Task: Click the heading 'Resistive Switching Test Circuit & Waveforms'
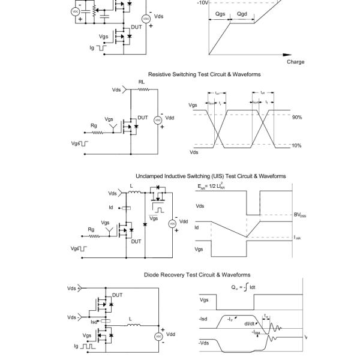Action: pyautogui.click(x=204, y=74)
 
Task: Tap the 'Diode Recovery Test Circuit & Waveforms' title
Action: pyautogui.click(x=197, y=275)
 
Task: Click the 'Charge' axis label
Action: pyautogui.click(x=295, y=62)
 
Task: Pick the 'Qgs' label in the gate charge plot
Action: pyautogui.click(x=220, y=13)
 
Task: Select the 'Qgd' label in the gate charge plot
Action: pyautogui.click(x=242, y=13)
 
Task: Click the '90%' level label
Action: pyautogui.click(x=296, y=118)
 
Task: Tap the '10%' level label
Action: pyautogui.click(x=296, y=146)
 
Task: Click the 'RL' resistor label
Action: pyautogui.click(x=142, y=82)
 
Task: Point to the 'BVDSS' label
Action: pyautogui.click(x=299, y=215)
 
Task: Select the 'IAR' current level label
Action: pyautogui.click(x=298, y=238)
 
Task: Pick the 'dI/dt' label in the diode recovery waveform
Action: pyautogui.click(x=250, y=323)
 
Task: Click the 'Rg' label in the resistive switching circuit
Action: pyautogui.click(x=94, y=125)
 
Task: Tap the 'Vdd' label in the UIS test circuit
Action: pyautogui.click(x=184, y=221)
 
